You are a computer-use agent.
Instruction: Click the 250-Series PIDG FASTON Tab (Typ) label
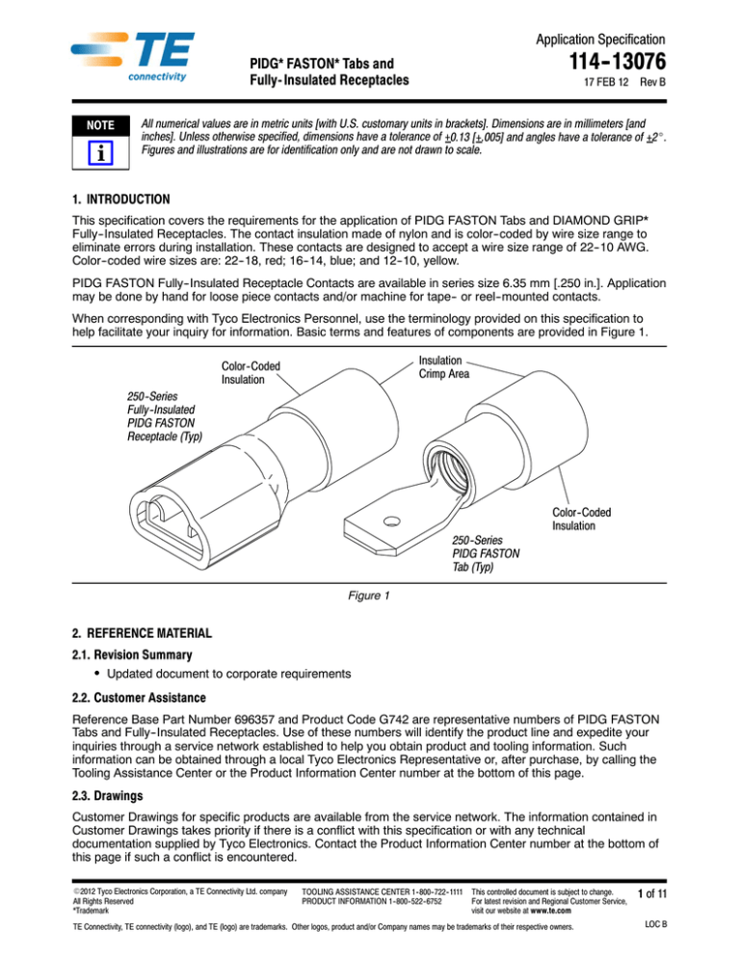click(x=487, y=554)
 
